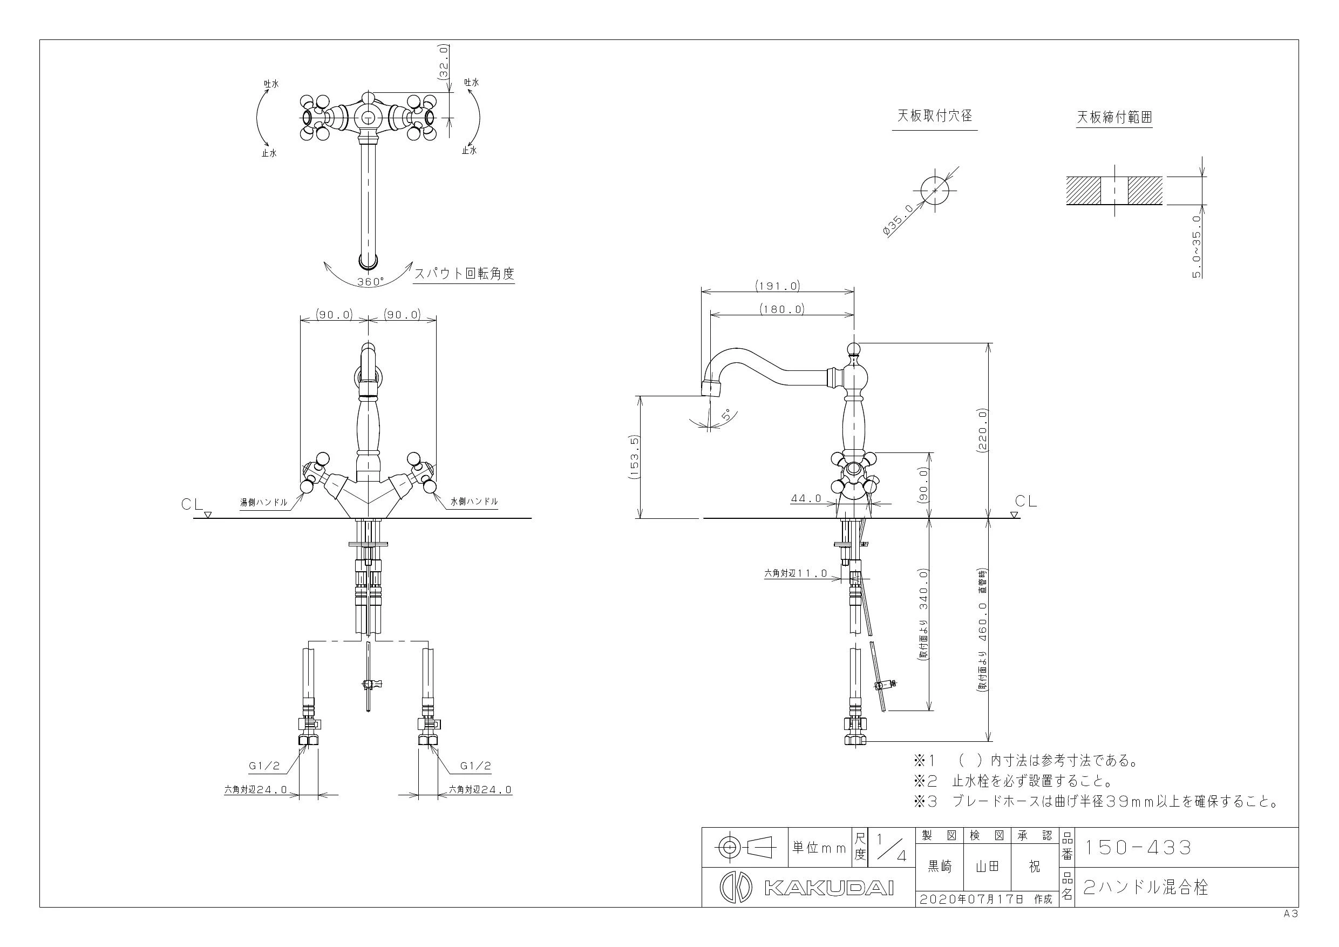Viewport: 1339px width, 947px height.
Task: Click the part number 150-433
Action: (x=1137, y=847)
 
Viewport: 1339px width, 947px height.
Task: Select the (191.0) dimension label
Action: (x=778, y=286)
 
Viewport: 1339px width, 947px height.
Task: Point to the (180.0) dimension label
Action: (x=782, y=309)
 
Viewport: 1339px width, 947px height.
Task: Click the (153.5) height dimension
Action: (x=635, y=457)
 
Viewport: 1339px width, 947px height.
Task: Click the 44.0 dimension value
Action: (x=806, y=498)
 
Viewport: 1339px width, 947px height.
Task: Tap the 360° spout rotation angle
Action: (x=371, y=281)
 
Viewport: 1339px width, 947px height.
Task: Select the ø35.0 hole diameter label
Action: (x=899, y=220)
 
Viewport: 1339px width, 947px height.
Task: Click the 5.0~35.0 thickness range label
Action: (x=1197, y=246)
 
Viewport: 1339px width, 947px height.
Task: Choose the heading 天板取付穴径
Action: (x=934, y=116)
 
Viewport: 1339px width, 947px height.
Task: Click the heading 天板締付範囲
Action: (x=1114, y=117)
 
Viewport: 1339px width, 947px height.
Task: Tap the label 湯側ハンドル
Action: (x=263, y=502)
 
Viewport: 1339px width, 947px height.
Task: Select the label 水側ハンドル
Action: (x=474, y=501)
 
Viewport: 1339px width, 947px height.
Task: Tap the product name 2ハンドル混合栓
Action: (x=1145, y=888)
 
